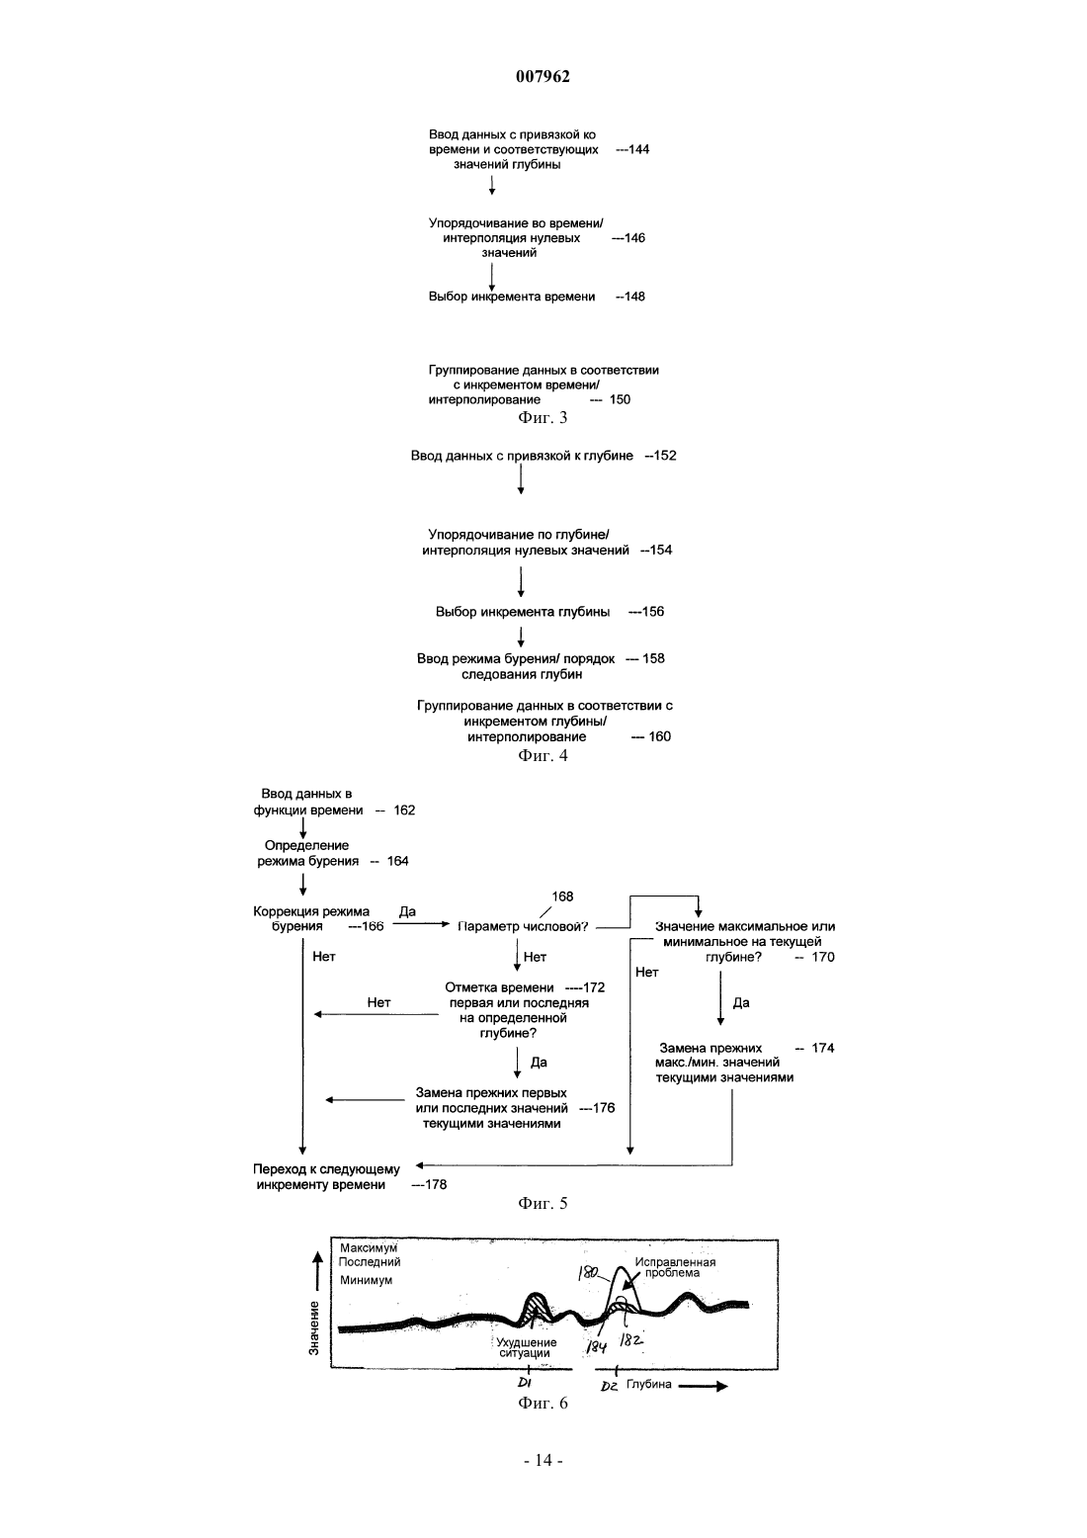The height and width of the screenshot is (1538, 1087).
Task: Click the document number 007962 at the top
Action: [543, 76]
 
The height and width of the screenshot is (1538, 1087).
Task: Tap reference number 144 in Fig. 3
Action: [639, 149]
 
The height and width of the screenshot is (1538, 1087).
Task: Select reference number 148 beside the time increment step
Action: [634, 297]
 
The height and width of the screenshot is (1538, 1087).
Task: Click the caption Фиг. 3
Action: [543, 417]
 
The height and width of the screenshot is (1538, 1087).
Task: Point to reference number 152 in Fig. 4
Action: [665, 456]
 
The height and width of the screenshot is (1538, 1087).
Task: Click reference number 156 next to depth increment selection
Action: [652, 612]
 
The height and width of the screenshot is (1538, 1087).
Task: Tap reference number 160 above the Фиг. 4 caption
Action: [659, 736]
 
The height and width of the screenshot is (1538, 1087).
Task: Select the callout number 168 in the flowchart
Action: [562, 897]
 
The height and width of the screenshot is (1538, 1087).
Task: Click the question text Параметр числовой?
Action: [523, 927]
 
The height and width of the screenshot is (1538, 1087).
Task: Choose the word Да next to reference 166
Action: [407, 911]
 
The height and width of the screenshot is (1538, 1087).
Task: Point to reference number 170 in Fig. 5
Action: [823, 957]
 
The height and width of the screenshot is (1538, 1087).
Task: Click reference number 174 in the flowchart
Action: [823, 1048]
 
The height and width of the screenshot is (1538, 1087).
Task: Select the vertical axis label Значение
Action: [313, 1327]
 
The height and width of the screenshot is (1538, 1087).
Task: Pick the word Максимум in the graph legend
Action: [369, 1246]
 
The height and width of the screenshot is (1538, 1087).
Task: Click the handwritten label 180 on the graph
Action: [588, 1274]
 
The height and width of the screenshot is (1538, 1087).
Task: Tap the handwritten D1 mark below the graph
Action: [525, 1383]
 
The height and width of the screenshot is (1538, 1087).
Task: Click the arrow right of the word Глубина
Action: [703, 1386]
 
